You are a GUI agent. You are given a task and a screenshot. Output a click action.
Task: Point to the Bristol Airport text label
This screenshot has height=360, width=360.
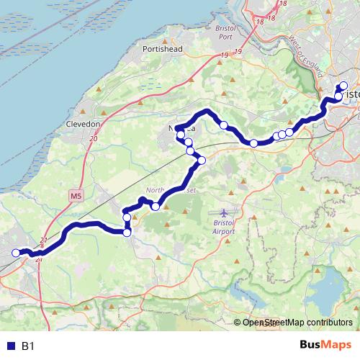point(225,228)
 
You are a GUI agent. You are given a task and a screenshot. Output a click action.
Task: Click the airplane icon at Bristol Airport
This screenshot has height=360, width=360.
point(224,213)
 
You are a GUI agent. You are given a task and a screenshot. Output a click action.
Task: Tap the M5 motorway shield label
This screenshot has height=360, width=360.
point(77,195)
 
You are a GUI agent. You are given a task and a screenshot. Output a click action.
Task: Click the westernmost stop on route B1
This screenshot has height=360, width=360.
point(16,252)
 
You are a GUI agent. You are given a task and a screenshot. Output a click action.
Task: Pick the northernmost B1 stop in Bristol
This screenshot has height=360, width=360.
point(343,86)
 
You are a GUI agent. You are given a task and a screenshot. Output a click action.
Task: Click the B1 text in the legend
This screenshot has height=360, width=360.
point(28,346)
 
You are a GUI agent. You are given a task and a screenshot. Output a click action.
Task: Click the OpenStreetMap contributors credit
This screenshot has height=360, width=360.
point(297,323)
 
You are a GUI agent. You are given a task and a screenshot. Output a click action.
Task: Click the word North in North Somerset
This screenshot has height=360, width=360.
point(155,191)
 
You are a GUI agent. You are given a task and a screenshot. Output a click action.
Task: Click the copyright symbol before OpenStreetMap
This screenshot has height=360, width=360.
point(238,323)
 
